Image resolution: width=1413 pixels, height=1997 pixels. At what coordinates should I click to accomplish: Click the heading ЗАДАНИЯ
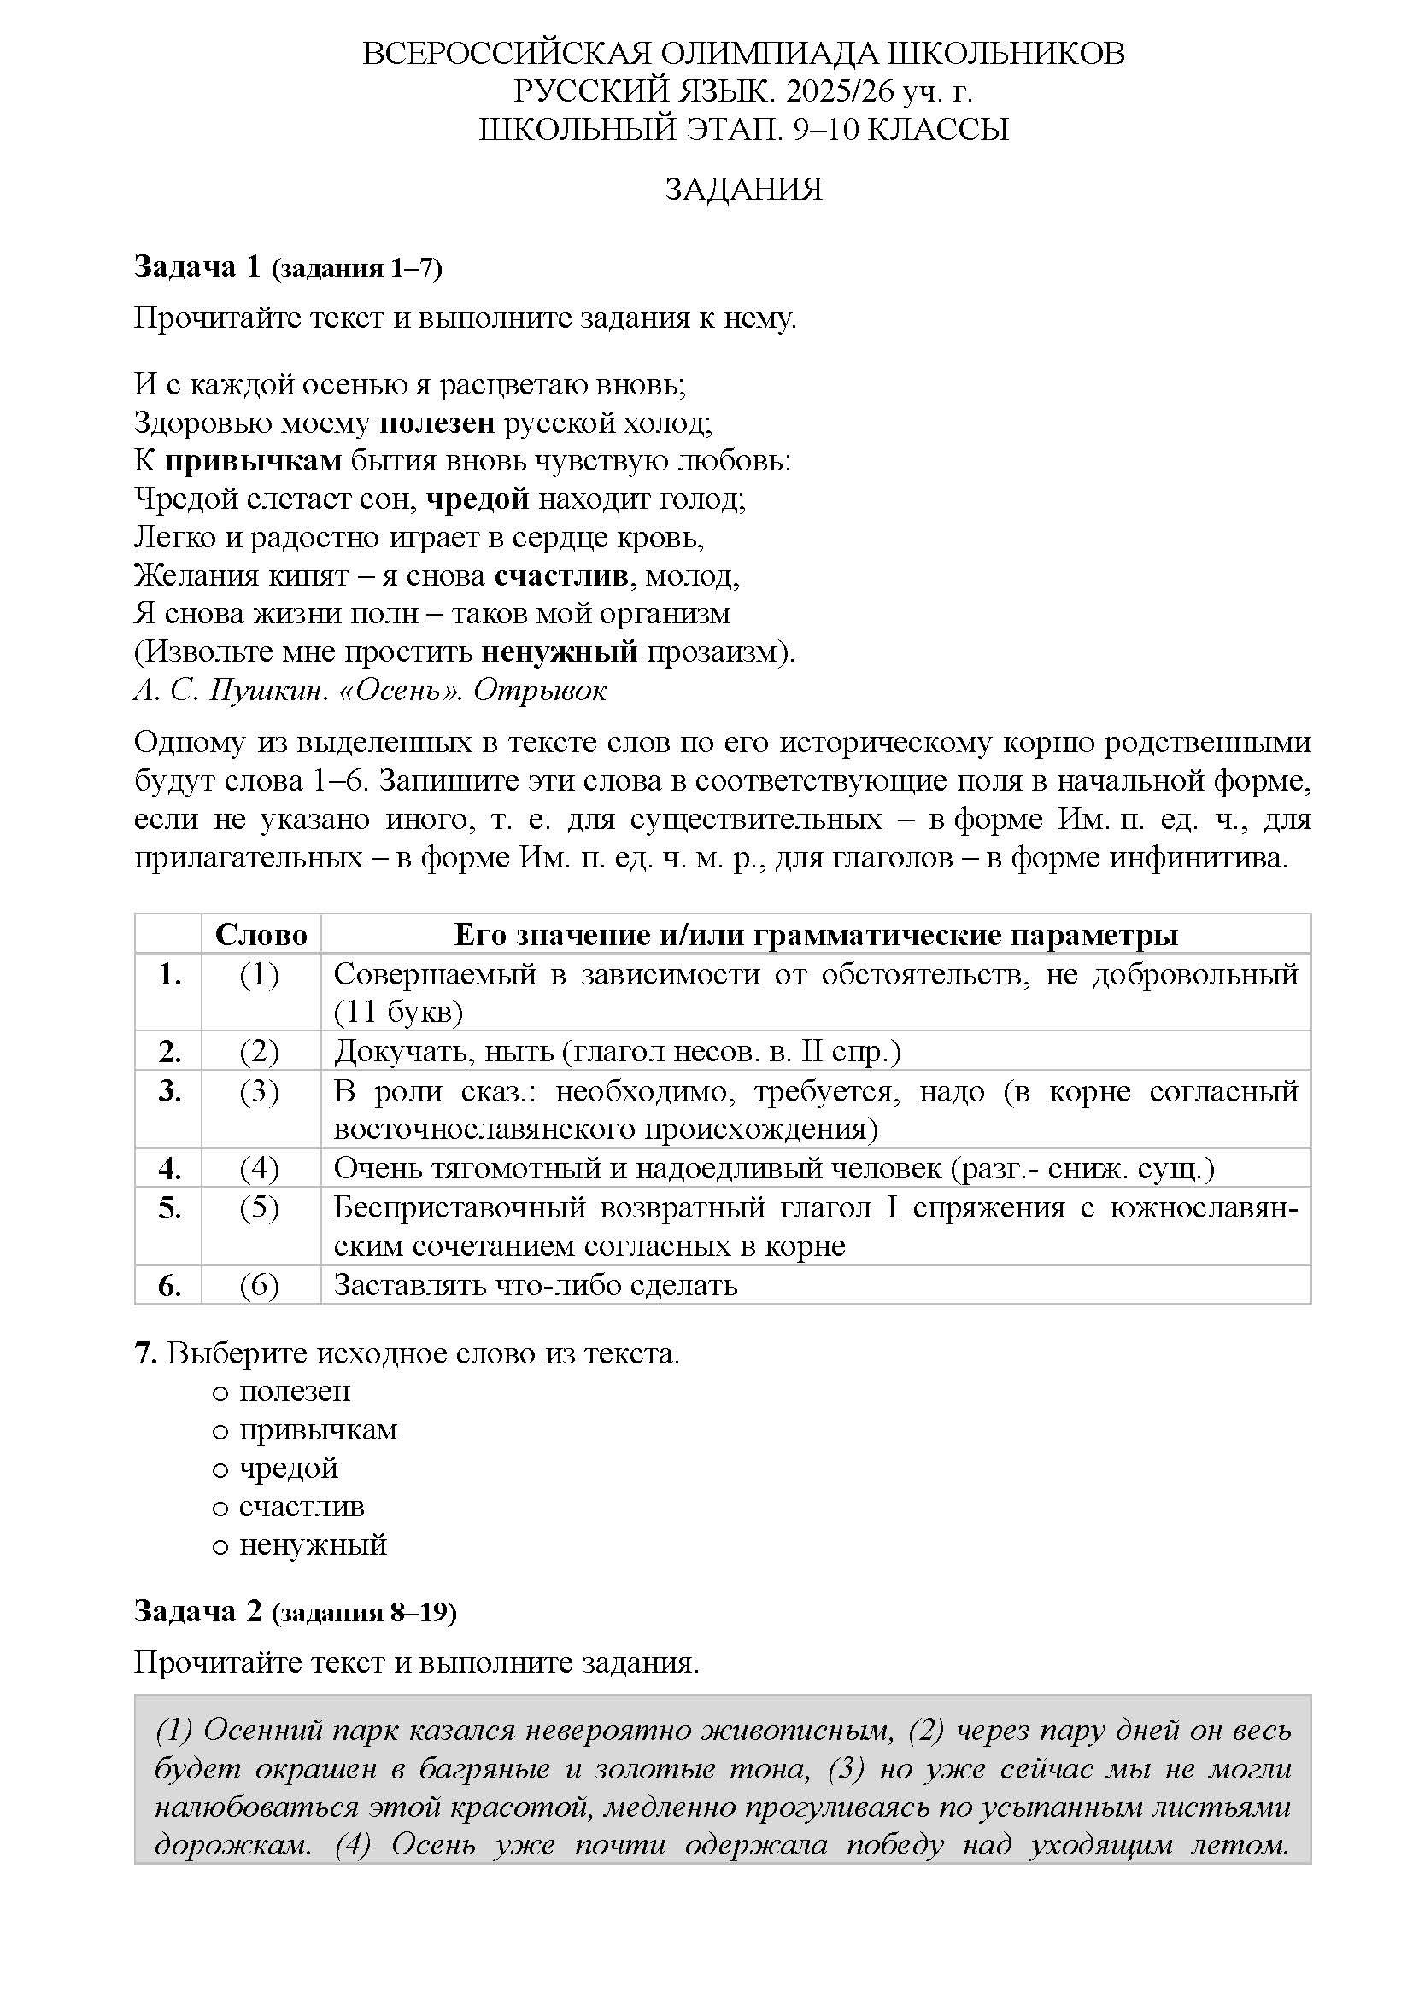(743, 190)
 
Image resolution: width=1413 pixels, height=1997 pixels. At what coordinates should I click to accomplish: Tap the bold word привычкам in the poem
(253, 461)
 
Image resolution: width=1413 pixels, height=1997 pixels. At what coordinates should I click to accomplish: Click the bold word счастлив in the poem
(561, 575)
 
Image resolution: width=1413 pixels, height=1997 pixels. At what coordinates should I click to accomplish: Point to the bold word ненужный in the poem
(560, 651)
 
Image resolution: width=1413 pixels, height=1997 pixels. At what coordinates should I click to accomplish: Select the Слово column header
(261, 935)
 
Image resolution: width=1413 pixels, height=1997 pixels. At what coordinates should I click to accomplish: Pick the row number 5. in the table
(170, 1208)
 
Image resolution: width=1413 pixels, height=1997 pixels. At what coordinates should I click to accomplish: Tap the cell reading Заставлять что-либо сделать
(536, 1286)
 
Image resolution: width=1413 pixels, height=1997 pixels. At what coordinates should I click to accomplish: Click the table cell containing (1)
(260, 975)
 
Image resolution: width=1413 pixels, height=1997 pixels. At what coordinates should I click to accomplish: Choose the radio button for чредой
(220, 1470)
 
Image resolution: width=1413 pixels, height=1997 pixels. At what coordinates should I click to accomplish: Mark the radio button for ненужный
(220, 1546)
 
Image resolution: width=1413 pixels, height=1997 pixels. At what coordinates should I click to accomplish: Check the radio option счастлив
(220, 1508)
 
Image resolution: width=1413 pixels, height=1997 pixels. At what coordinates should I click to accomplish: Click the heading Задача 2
(197, 1612)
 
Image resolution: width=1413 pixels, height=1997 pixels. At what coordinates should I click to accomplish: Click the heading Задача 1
(197, 267)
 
